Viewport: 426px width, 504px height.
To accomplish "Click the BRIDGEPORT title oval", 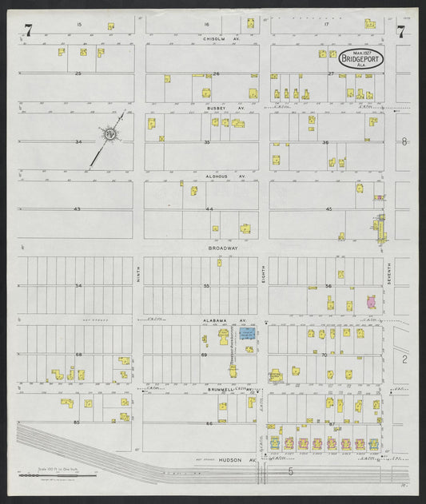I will click(x=360, y=58).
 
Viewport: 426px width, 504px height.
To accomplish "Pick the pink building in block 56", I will click(x=371, y=302).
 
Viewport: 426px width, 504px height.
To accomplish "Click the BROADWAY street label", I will click(x=223, y=248).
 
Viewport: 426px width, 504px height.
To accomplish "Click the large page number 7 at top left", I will click(x=29, y=31).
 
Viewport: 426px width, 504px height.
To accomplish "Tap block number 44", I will click(x=209, y=208).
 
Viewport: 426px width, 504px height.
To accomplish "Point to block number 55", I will click(x=207, y=285).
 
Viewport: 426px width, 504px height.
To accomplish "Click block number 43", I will click(x=78, y=208).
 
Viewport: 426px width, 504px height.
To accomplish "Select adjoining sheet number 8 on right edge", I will click(x=405, y=141).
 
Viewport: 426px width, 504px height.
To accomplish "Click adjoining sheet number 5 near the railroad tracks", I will click(x=291, y=472).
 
